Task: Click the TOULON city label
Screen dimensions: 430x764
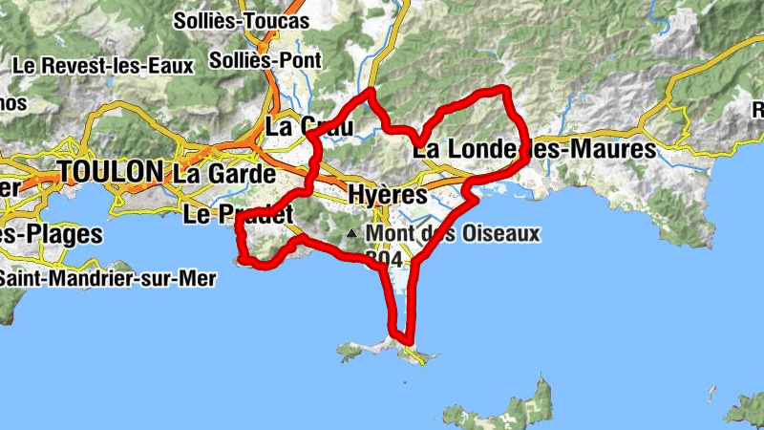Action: coord(110,172)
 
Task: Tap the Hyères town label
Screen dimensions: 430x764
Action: coord(387,193)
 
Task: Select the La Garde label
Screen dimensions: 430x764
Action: coord(224,175)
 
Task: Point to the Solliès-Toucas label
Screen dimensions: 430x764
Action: coord(242,20)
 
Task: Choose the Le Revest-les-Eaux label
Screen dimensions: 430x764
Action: coord(104,66)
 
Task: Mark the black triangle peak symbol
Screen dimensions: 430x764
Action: coord(352,233)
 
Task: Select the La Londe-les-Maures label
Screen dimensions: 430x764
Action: coord(535,150)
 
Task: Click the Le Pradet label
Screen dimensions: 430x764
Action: coord(238,214)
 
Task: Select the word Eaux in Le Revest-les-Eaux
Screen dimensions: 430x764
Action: coord(172,66)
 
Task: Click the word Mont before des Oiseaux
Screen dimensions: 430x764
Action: coord(389,233)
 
